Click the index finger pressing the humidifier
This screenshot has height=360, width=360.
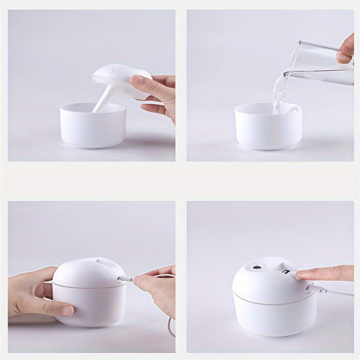pos(324,272)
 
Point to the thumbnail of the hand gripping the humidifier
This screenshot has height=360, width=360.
pos(67,310)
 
